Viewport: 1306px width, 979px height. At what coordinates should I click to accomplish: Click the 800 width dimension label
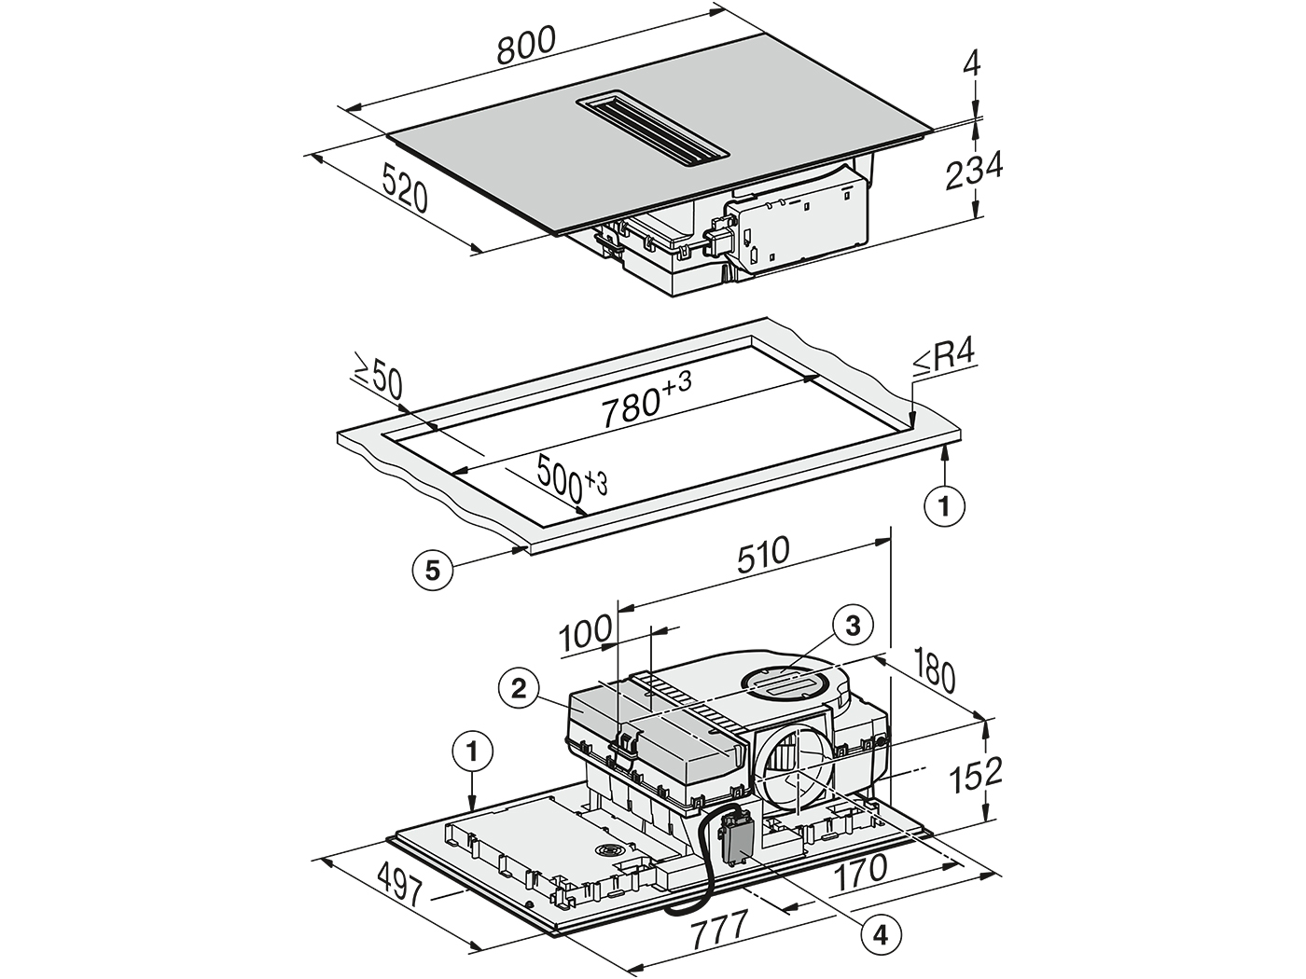(526, 45)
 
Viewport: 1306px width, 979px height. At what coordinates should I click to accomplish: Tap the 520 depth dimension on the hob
(405, 189)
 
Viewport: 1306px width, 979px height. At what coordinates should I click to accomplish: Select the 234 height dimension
(974, 171)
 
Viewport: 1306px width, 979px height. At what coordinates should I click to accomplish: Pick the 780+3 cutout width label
(646, 399)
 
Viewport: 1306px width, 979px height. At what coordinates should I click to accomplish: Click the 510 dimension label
(763, 555)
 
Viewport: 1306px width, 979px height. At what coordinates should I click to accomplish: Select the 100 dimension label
(586, 634)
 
